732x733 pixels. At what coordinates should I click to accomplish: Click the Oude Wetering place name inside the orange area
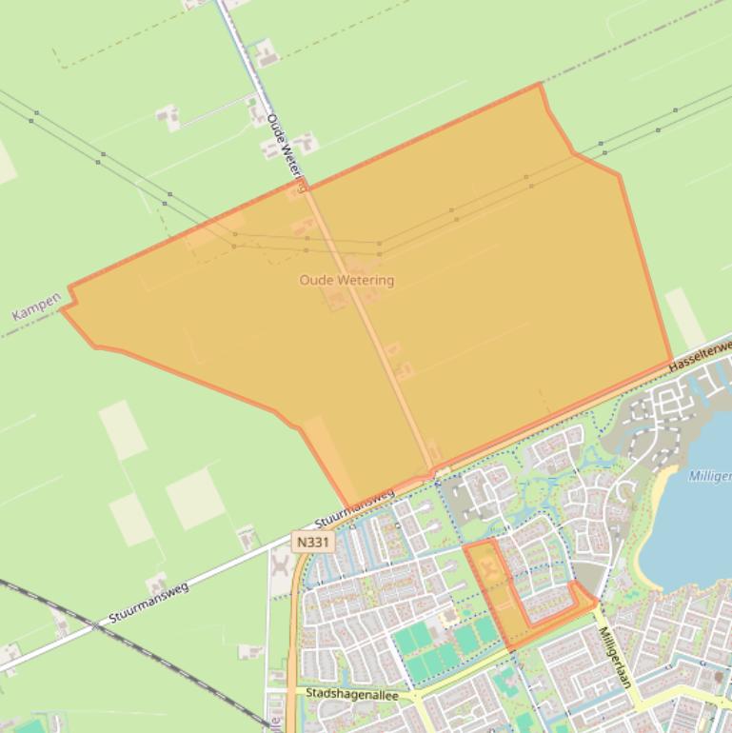tap(346, 280)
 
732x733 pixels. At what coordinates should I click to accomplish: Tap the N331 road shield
tap(312, 542)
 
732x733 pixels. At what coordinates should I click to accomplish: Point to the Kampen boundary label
tap(36, 307)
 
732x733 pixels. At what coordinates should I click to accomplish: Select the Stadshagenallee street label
tap(352, 694)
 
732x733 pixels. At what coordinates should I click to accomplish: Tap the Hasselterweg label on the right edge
tap(701, 355)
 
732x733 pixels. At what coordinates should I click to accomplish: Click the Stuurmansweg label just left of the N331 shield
tap(354, 509)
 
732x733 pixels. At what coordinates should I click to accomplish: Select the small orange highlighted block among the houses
tap(495, 590)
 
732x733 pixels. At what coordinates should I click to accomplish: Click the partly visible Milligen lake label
tap(709, 476)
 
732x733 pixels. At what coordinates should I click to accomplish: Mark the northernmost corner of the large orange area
tap(540, 85)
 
